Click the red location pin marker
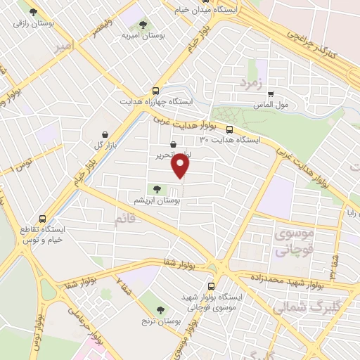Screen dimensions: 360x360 [181, 166]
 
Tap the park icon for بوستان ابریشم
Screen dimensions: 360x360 [157, 188]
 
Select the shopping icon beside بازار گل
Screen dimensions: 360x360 [105, 134]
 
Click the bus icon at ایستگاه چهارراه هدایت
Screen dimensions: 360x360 [155, 91]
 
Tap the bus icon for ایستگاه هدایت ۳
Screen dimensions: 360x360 [230, 129]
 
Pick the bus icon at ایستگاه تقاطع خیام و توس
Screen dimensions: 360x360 [43, 219]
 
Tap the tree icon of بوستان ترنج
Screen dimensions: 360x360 [161, 309]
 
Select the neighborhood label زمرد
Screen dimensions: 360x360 [250, 83]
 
